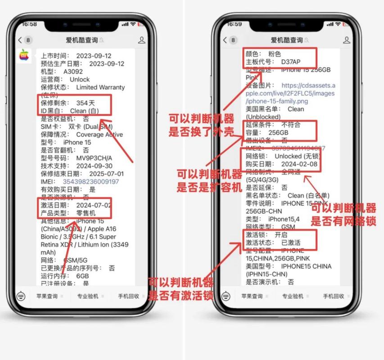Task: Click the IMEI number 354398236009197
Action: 90,181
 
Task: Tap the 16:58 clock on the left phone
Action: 29,24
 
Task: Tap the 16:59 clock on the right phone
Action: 235,24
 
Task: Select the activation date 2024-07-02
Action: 94,205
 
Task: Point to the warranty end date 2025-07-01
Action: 107,174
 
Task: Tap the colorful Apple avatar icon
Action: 24,55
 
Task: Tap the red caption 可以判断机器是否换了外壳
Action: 201,125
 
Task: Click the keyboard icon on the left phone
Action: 21,297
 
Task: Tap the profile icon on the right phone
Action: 346,40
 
